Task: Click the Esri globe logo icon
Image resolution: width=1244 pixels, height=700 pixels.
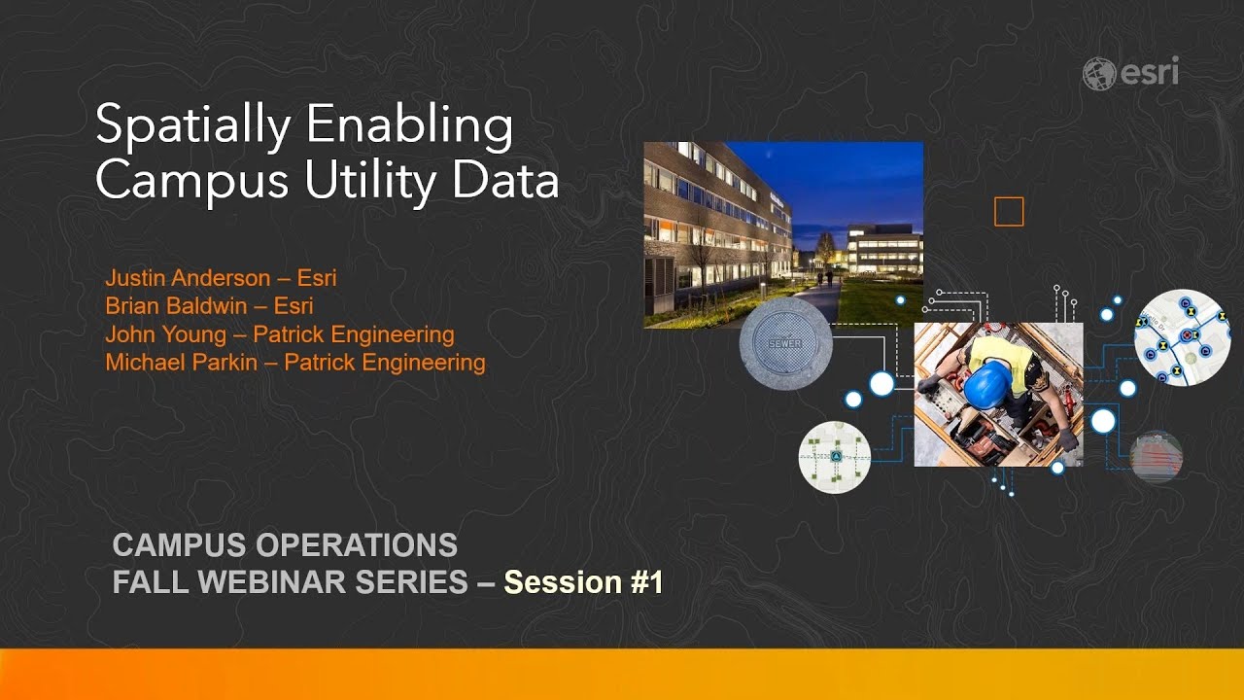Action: pyautogui.click(x=1099, y=74)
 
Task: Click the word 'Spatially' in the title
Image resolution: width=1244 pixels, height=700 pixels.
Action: pyautogui.click(x=191, y=127)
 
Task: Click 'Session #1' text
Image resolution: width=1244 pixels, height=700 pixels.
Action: pyautogui.click(x=583, y=581)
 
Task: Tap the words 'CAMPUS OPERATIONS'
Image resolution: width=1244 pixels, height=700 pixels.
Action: pyautogui.click(x=285, y=544)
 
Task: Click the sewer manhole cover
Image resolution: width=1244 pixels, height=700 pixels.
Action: pyautogui.click(x=785, y=343)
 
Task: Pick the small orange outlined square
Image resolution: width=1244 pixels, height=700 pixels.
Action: pyautogui.click(x=1009, y=212)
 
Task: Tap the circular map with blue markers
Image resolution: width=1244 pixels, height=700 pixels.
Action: pyautogui.click(x=1182, y=337)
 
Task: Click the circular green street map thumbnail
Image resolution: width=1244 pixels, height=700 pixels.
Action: pyautogui.click(x=834, y=457)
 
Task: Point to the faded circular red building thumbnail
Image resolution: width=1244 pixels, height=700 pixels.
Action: pyautogui.click(x=1157, y=456)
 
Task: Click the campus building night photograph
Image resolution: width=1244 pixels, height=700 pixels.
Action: pyautogui.click(x=783, y=234)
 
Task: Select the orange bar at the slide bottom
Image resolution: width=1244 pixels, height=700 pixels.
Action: pyautogui.click(x=622, y=673)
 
